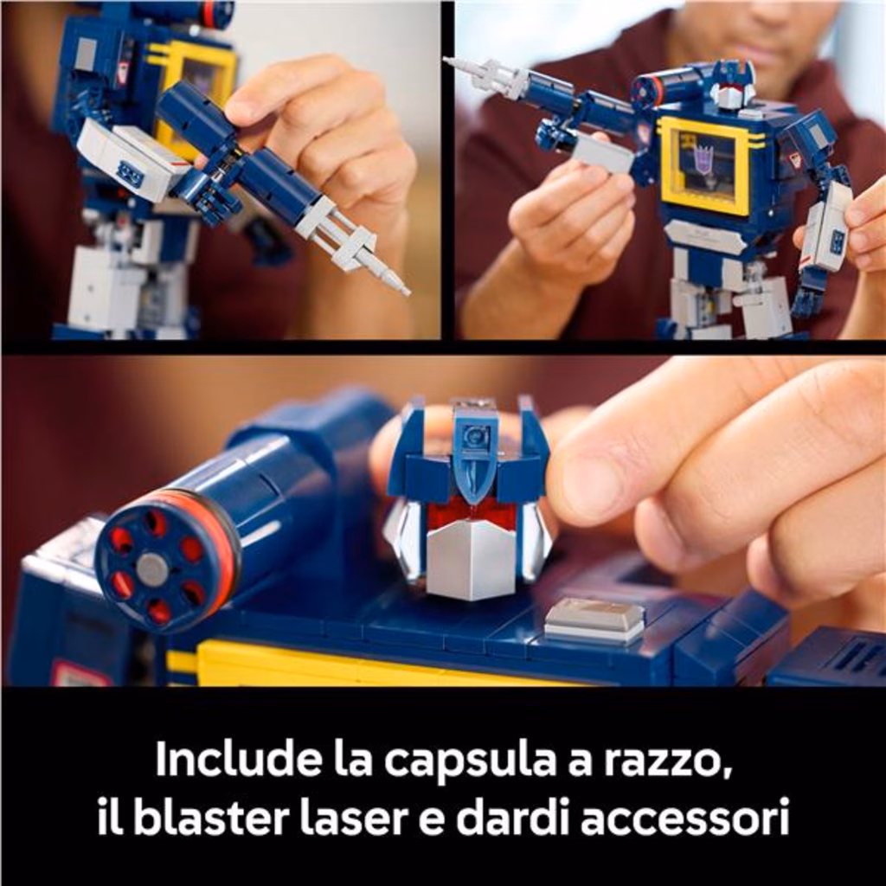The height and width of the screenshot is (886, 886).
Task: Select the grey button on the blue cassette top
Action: [594, 620]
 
